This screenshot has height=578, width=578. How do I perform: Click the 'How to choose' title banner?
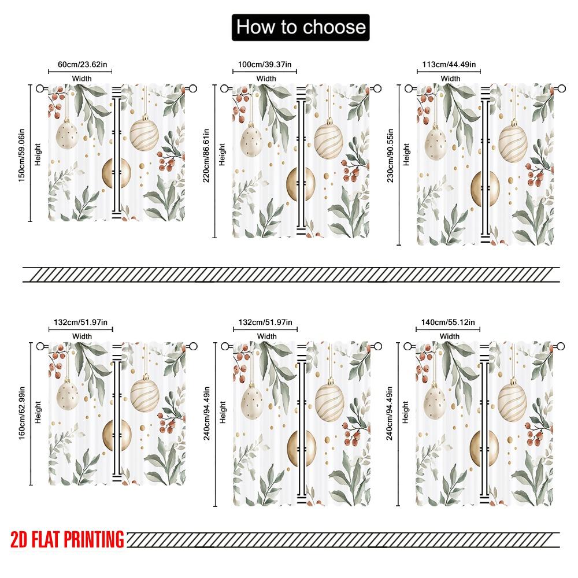tap(301, 27)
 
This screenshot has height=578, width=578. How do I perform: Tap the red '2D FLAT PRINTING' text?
tap(67, 539)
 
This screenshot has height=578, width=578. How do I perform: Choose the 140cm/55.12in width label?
tap(449, 323)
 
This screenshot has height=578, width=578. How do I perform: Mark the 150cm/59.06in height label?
tap(21, 153)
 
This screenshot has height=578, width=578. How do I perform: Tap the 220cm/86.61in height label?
tap(206, 157)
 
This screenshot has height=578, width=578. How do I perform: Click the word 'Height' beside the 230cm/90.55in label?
tap(407, 154)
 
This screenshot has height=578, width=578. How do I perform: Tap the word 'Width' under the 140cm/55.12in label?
tap(449, 336)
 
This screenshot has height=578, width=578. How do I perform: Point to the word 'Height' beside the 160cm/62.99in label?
tap(38, 413)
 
